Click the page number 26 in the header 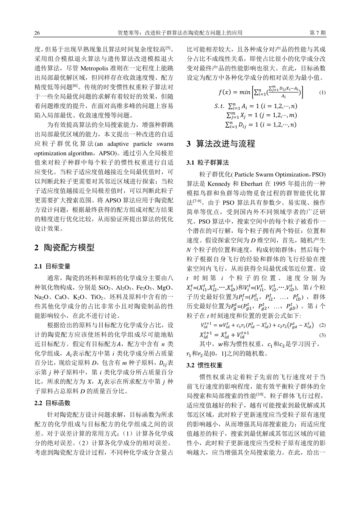coord(37,33)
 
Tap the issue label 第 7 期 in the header coord(318,33)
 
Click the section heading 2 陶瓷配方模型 coord(64,248)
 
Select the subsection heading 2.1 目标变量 coord(52,266)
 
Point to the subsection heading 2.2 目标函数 coord(52,403)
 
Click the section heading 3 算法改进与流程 coord(221,144)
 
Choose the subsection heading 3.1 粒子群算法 coord(208,162)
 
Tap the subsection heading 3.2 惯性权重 coord(205,365)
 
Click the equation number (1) coord(322,92)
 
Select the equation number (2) coord(322,325)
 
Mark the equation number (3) coord(322,335)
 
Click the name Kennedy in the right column coord(218,184)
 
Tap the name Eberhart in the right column coord(249,184)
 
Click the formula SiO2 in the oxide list coord(105,287)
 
